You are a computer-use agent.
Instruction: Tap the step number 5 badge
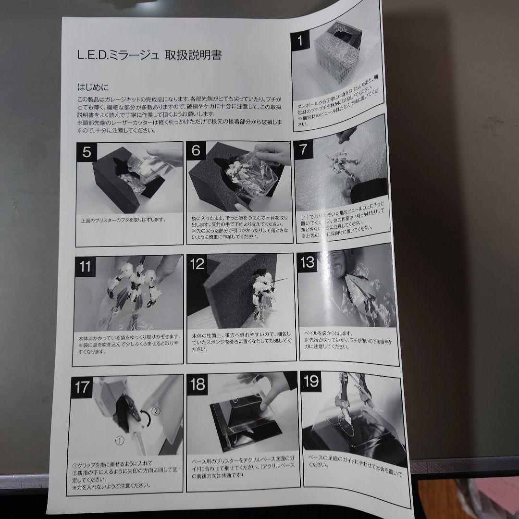(87, 152)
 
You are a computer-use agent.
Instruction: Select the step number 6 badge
(196, 151)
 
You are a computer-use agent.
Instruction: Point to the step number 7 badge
(303, 148)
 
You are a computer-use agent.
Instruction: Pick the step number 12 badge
(198, 264)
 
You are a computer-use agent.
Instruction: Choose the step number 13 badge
(307, 262)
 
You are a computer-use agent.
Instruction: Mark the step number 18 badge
(198, 384)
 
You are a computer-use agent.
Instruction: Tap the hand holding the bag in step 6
(272, 154)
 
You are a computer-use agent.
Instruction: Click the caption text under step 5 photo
(124, 220)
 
